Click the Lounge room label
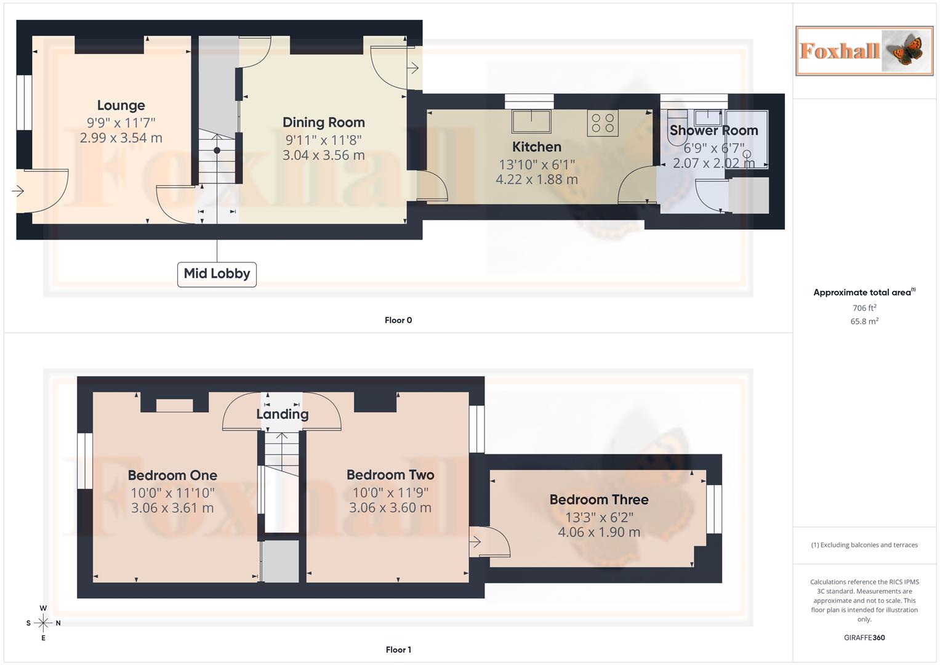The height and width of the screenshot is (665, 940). (121, 105)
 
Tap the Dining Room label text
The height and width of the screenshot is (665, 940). (323, 123)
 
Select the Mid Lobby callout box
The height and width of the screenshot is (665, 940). (217, 273)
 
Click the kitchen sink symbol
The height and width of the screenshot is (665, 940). (531, 121)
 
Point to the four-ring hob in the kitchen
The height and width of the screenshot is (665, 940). (603, 123)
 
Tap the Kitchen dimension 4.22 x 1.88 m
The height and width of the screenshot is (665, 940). (536, 180)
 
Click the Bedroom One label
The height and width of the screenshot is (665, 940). (172, 475)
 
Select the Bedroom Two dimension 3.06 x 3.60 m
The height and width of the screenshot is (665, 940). (390, 508)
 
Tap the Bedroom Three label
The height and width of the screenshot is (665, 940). (598, 499)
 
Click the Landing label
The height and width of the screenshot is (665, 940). (282, 414)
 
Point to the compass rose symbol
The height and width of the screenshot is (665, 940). (43, 623)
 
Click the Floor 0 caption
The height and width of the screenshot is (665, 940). (398, 320)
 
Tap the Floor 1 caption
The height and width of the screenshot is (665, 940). (398, 650)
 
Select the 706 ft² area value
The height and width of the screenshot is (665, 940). (864, 308)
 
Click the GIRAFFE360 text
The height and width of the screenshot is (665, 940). (864, 638)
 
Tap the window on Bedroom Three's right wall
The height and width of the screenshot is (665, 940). (713, 509)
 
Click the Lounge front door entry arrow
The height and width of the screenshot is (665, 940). (18, 191)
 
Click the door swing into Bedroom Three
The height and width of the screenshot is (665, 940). (491, 542)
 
